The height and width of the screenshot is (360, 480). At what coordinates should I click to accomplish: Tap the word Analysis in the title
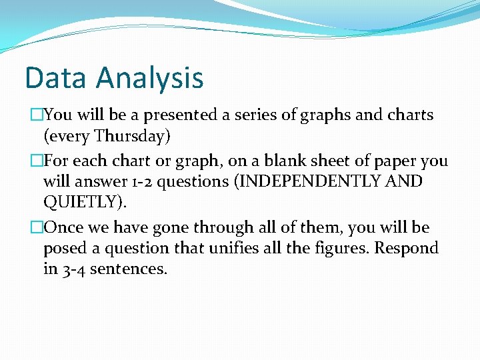point(149,79)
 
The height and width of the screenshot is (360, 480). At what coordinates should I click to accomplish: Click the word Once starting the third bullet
point(64,227)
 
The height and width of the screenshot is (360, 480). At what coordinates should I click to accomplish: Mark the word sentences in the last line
point(131,270)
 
